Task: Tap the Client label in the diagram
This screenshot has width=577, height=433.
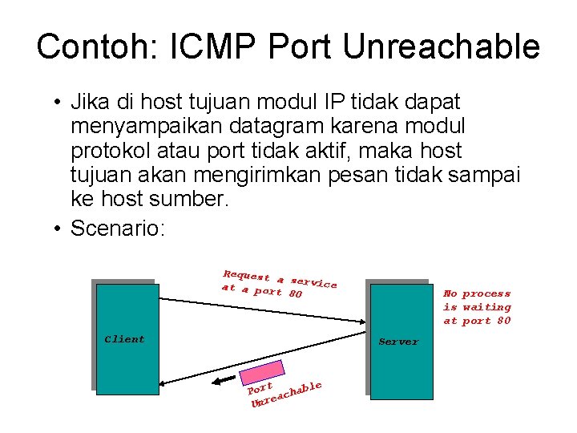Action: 124,339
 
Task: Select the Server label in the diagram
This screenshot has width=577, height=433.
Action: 398,342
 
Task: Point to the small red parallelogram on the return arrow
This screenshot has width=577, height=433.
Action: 260,372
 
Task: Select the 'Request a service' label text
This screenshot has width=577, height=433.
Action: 279,278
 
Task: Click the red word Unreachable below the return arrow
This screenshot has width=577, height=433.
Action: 285,395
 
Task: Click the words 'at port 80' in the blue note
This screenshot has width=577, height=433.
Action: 477,321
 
